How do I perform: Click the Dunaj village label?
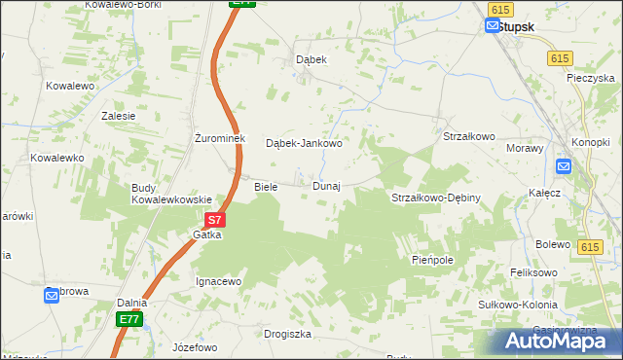tap(326, 186)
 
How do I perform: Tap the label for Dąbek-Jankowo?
tap(304, 143)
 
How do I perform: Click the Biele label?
tap(266, 186)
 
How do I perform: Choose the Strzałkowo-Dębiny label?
tap(436, 198)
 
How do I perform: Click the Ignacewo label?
tap(218, 281)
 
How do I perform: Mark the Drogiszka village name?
tap(287, 334)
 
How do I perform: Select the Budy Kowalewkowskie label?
tap(171, 194)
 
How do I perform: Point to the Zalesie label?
tap(118, 115)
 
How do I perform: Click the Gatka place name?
tap(206, 234)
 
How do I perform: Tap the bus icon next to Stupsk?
tap(492, 26)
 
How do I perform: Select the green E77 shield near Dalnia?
tap(128, 319)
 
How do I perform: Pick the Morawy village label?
tap(526, 148)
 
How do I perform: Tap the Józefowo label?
tap(193, 347)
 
